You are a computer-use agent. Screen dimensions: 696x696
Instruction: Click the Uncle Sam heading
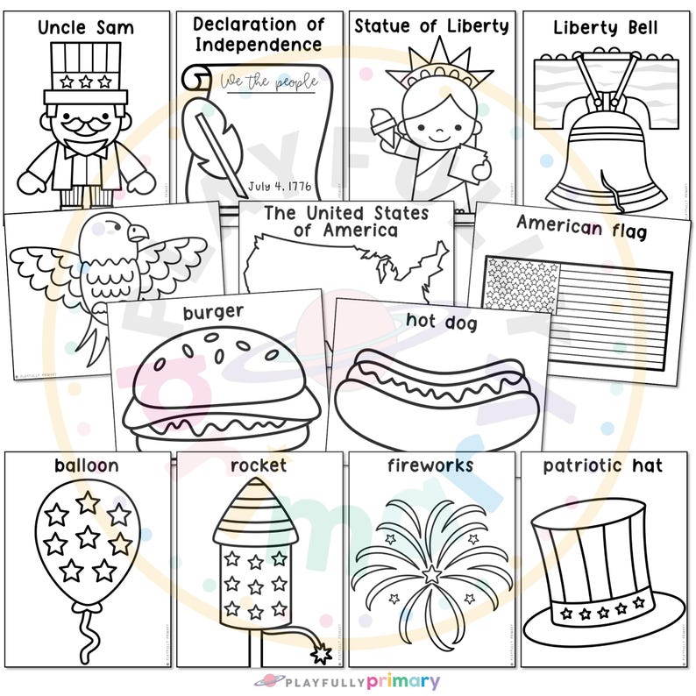click(x=85, y=27)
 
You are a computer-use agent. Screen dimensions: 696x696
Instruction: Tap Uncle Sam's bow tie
click(x=86, y=148)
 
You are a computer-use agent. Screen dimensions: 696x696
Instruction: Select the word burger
click(x=213, y=312)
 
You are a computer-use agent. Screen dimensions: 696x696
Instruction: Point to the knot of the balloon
click(x=85, y=607)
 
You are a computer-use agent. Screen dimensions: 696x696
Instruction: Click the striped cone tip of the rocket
click(x=255, y=516)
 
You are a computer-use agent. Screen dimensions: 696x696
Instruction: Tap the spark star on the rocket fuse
click(x=321, y=653)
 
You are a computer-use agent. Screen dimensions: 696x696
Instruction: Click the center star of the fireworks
click(x=431, y=575)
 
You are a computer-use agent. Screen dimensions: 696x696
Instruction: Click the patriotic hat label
click(x=602, y=465)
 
